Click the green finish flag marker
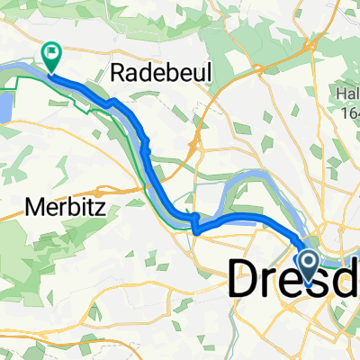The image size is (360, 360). tap(52, 56)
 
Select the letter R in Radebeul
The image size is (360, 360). tap(115, 74)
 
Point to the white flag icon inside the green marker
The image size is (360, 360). tap(52, 53)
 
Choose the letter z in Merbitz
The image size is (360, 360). tap(102, 209)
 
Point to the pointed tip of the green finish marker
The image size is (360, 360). tap(52, 72)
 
